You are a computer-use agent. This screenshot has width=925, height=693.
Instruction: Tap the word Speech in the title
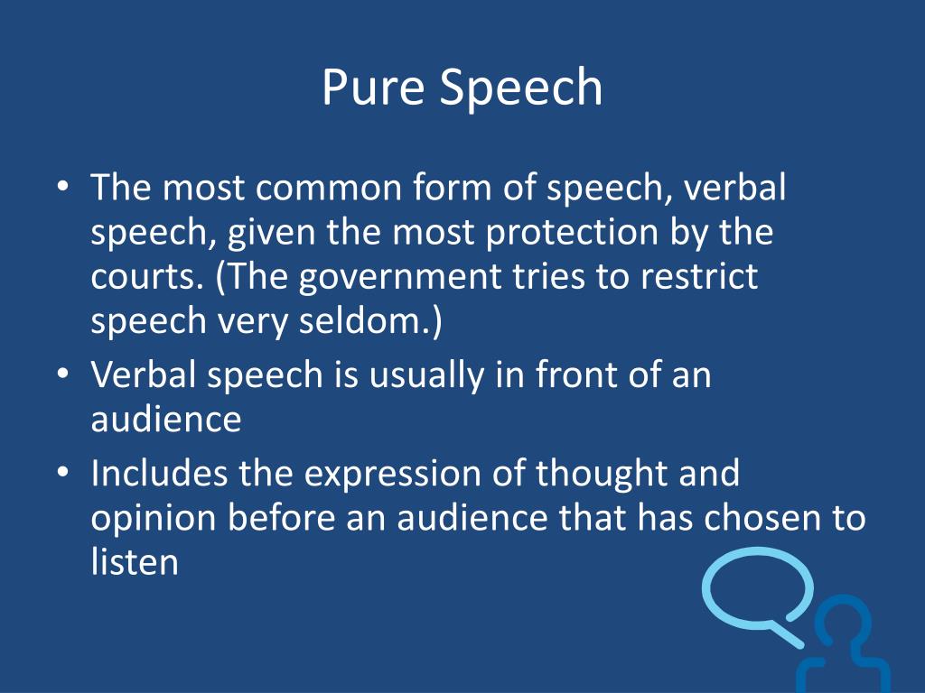coord(521,88)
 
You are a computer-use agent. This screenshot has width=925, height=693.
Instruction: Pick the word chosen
coord(762,517)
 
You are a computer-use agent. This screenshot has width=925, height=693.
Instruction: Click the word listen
coord(134,561)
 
